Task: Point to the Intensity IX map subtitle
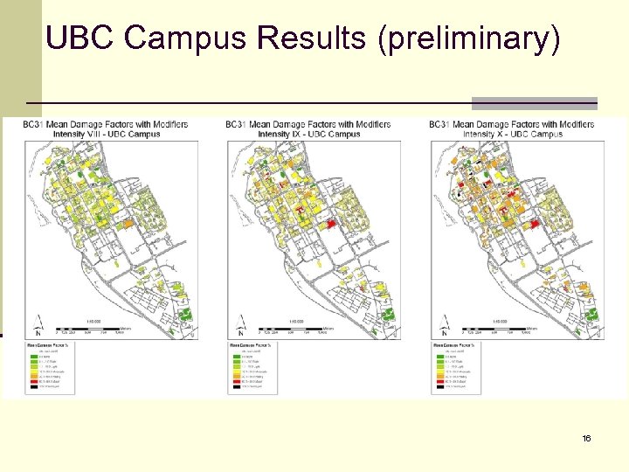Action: click(308, 135)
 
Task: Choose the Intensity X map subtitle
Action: click(512, 135)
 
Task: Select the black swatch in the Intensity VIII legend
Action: click(31, 387)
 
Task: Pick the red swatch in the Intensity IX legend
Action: click(235, 382)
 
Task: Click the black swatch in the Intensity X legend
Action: click(439, 387)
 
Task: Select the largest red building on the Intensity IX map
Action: click(330, 225)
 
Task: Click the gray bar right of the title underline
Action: click(535, 102)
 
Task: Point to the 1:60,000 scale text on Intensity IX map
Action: click(296, 321)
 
